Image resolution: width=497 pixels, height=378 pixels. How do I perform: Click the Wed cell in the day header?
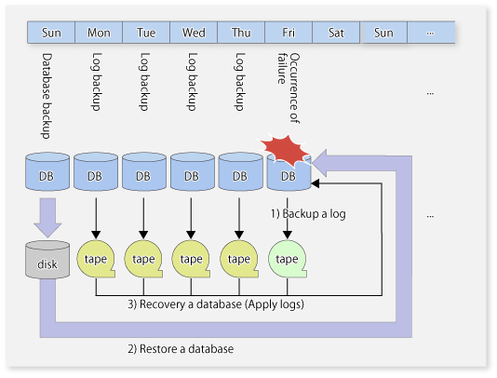coord(194,33)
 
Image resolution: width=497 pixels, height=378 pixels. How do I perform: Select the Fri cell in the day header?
coord(289,33)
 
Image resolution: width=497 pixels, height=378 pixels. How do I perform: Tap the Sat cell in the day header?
coord(336,33)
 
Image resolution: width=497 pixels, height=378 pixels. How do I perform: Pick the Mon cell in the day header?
coord(99,33)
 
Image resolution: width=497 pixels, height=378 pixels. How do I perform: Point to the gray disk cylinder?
coord(47,260)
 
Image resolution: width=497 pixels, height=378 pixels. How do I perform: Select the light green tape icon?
coord(288,259)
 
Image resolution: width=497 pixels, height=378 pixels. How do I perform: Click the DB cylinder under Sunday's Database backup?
coord(47,171)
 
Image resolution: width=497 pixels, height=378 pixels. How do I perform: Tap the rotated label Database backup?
coord(47,96)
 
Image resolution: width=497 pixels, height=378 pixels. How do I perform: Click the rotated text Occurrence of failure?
coord(289,88)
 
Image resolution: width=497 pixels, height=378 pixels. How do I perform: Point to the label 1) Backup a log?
coord(308,214)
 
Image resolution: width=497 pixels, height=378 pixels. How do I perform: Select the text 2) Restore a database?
coord(181,349)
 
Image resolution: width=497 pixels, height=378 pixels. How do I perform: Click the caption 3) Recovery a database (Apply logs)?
coord(216,304)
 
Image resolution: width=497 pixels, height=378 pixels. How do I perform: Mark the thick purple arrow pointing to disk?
coord(47,218)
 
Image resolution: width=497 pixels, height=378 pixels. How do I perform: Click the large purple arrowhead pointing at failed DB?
coord(320,163)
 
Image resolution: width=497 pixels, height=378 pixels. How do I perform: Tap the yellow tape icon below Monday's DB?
coord(96,259)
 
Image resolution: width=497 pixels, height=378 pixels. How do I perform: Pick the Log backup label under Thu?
coord(239,82)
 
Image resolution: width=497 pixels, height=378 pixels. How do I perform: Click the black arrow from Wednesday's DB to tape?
coord(191,218)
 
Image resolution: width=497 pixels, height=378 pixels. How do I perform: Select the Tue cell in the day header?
coord(146,33)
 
